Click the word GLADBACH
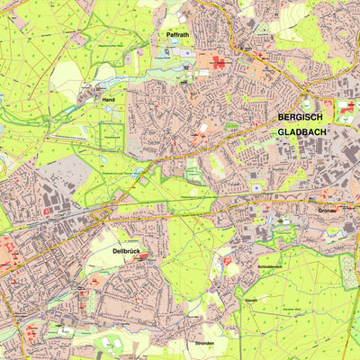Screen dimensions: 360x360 [301, 132]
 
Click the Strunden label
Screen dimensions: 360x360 [206, 343]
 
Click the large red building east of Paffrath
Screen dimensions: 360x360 [219, 62]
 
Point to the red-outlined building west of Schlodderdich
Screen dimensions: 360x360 [227, 261]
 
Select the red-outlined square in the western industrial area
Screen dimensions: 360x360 [46, 211]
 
